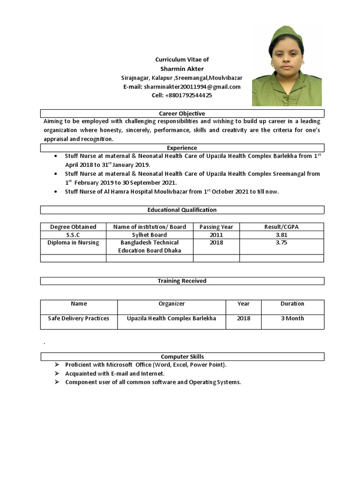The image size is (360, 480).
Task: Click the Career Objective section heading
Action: [x=182, y=113]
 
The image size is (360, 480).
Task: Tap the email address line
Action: [x=182, y=87]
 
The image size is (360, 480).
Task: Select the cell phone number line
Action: [x=182, y=95]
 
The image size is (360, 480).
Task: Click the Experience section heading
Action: [x=182, y=148]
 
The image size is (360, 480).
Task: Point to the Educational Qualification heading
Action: [x=182, y=210]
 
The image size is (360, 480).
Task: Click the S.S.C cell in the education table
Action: [x=73, y=235]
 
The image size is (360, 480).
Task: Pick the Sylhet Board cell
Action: [x=149, y=235]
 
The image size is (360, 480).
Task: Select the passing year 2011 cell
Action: [x=216, y=235]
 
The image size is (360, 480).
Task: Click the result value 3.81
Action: [x=281, y=235]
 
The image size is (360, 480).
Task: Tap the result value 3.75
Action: [x=281, y=243]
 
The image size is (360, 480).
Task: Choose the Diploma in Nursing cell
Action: [x=73, y=243]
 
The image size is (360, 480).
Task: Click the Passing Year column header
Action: [x=216, y=227]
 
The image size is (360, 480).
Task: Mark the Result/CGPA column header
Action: [x=281, y=227]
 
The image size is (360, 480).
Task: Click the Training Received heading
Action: [x=182, y=281]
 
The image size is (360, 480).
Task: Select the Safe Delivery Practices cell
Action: [x=78, y=318]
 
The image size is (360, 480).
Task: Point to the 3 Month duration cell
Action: [x=292, y=318]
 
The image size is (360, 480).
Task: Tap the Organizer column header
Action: [x=172, y=304]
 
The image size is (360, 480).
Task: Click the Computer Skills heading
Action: [x=182, y=357]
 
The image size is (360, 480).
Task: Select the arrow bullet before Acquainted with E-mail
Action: [x=56, y=374]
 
